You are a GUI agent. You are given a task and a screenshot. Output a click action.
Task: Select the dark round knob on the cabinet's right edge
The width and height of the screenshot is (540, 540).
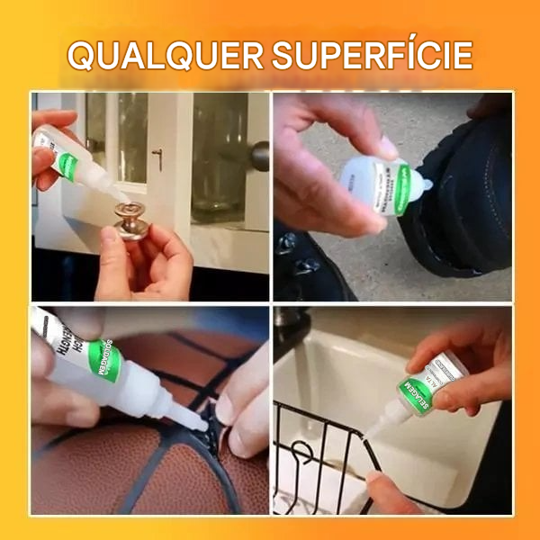tap(260, 155)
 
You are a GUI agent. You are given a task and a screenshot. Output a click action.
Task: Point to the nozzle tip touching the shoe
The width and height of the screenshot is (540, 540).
tap(429, 188)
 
